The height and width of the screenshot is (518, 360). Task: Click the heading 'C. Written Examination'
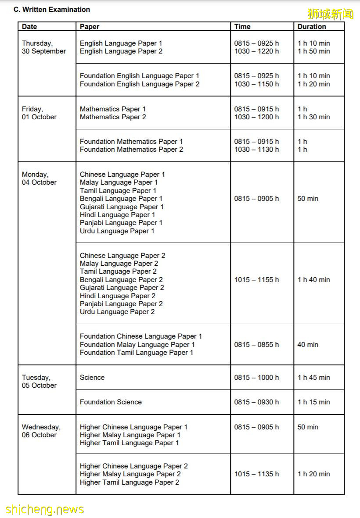pos(51,9)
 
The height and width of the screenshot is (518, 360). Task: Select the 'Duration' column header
pos(311,27)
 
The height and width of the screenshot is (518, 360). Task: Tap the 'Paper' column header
pos(90,27)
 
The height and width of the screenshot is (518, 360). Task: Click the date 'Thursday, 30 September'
pos(43,47)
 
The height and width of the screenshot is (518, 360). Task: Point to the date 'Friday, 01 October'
pos(39,113)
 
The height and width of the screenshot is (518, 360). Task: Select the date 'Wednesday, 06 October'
pos(41,431)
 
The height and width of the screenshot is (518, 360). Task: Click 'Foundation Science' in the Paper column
pos(111,402)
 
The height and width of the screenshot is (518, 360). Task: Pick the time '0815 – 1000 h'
pos(256,377)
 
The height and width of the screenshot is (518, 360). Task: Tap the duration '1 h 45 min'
pos(313,377)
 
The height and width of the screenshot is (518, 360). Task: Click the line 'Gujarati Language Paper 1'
pos(122,207)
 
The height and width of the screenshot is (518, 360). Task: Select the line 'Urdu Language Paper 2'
pos(117,312)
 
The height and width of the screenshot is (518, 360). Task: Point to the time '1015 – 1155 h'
pos(256,279)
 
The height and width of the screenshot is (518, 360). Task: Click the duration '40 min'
pos(308,344)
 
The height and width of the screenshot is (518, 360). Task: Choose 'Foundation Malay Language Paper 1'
pos(137,344)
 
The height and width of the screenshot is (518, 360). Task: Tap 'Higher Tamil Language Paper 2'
pos(130,482)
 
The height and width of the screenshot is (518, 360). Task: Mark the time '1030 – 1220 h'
pos(256,51)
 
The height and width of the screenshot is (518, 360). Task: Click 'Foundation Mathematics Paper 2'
pos(131,150)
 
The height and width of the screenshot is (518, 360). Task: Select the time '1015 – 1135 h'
pos(256,474)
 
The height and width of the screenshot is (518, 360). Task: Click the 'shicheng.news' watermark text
pos(44,509)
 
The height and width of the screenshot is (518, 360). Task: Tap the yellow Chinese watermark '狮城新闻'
pos(330,14)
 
